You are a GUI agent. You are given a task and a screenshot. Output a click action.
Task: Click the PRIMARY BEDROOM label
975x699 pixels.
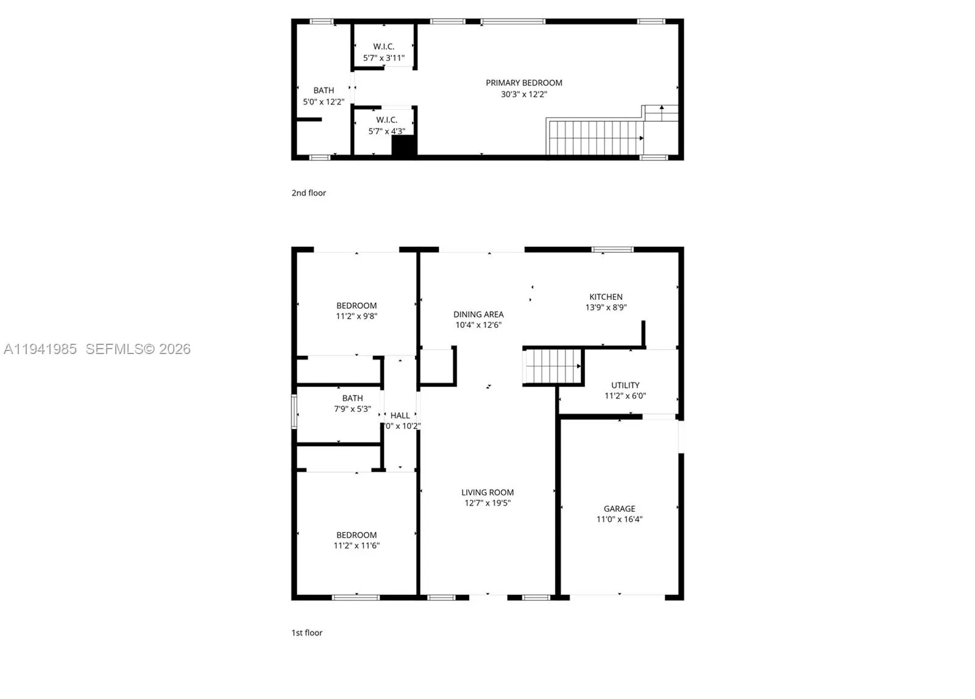pyautogui.click(x=523, y=83)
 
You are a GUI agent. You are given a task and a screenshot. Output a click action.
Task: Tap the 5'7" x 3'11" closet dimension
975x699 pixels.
pyautogui.click(x=383, y=59)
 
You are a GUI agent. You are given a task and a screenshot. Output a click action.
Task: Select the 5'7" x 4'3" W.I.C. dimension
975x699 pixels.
pyautogui.click(x=386, y=132)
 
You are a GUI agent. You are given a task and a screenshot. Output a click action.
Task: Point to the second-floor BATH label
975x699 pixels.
pyautogui.click(x=324, y=90)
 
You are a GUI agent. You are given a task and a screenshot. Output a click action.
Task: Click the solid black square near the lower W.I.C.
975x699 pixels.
pyautogui.click(x=403, y=146)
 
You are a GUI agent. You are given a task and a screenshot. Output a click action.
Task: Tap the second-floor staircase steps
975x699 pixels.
pyautogui.click(x=595, y=138)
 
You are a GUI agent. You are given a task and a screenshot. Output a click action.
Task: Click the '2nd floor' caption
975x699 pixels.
pyautogui.click(x=308, y=193)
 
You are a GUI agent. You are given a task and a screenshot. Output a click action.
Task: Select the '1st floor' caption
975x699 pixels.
pyautogui.click(x=307, y=633)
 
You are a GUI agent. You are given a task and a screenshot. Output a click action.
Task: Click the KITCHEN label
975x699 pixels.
pyautogui.click(x=606, y=297)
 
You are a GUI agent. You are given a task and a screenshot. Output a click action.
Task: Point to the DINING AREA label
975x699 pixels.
pyautogui.click(x=478, y=314)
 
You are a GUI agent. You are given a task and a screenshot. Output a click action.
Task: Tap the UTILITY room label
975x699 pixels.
pyautogui.click(x=625, y=385)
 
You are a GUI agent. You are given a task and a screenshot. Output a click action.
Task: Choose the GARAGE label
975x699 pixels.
pyautogui.click(x=619, y=509)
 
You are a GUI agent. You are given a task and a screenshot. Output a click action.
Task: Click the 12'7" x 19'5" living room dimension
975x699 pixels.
pyautogui.click(x=487, y=503)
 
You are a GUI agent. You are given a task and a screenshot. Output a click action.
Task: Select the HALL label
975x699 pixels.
pyautogui.click(x=400, y=416)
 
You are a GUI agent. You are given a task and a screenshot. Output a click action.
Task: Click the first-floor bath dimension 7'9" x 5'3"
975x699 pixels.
pyautogui.click(x=352, y=409)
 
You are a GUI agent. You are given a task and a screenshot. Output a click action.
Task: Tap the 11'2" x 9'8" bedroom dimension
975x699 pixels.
pyautogui.click(x=356, y=316)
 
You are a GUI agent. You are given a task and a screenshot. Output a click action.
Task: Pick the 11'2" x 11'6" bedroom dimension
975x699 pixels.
pyautogui.click(x=356, y=546)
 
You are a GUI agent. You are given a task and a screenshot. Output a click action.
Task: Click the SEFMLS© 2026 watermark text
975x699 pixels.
pyautogui.click(x=138, y=349)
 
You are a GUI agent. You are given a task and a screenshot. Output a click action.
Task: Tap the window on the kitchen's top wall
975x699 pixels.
pyautogui.click(x=612, y=249)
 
